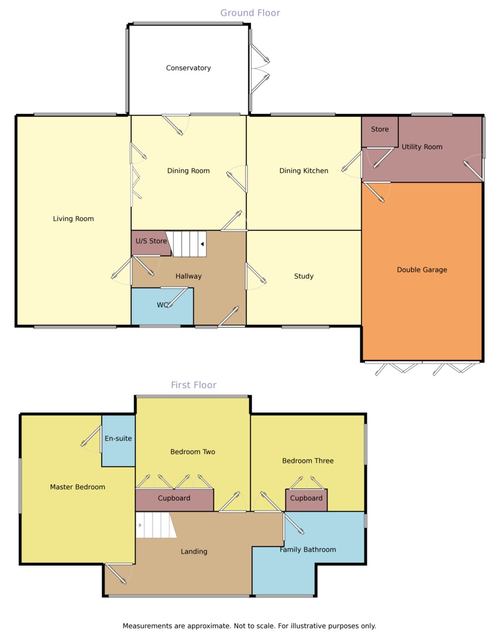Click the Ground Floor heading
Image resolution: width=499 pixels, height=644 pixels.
point(250,13)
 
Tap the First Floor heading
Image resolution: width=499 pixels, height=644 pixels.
point(194,385)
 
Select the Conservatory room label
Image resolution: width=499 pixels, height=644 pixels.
point(188,68)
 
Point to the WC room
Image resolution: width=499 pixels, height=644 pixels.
point(163,306)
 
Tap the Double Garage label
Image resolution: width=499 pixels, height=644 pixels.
point(422,270)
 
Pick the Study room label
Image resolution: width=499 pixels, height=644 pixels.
point(304,276)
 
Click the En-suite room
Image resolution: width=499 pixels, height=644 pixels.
point(118,441)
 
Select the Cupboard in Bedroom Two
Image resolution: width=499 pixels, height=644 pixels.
point(174,500)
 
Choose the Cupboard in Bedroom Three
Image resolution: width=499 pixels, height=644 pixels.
point(306,500)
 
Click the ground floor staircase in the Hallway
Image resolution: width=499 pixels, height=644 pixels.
point(189,244)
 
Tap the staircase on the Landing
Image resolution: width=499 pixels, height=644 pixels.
point(156,525)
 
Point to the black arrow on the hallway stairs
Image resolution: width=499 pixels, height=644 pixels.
point(202,244)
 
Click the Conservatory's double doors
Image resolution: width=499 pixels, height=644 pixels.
point(260,68)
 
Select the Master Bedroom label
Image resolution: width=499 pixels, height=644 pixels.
point(77,487)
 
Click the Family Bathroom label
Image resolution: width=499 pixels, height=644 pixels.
point(308,549)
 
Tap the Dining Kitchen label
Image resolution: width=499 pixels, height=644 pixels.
point(304,171)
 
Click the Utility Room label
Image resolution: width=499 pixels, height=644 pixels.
point(422,147)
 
